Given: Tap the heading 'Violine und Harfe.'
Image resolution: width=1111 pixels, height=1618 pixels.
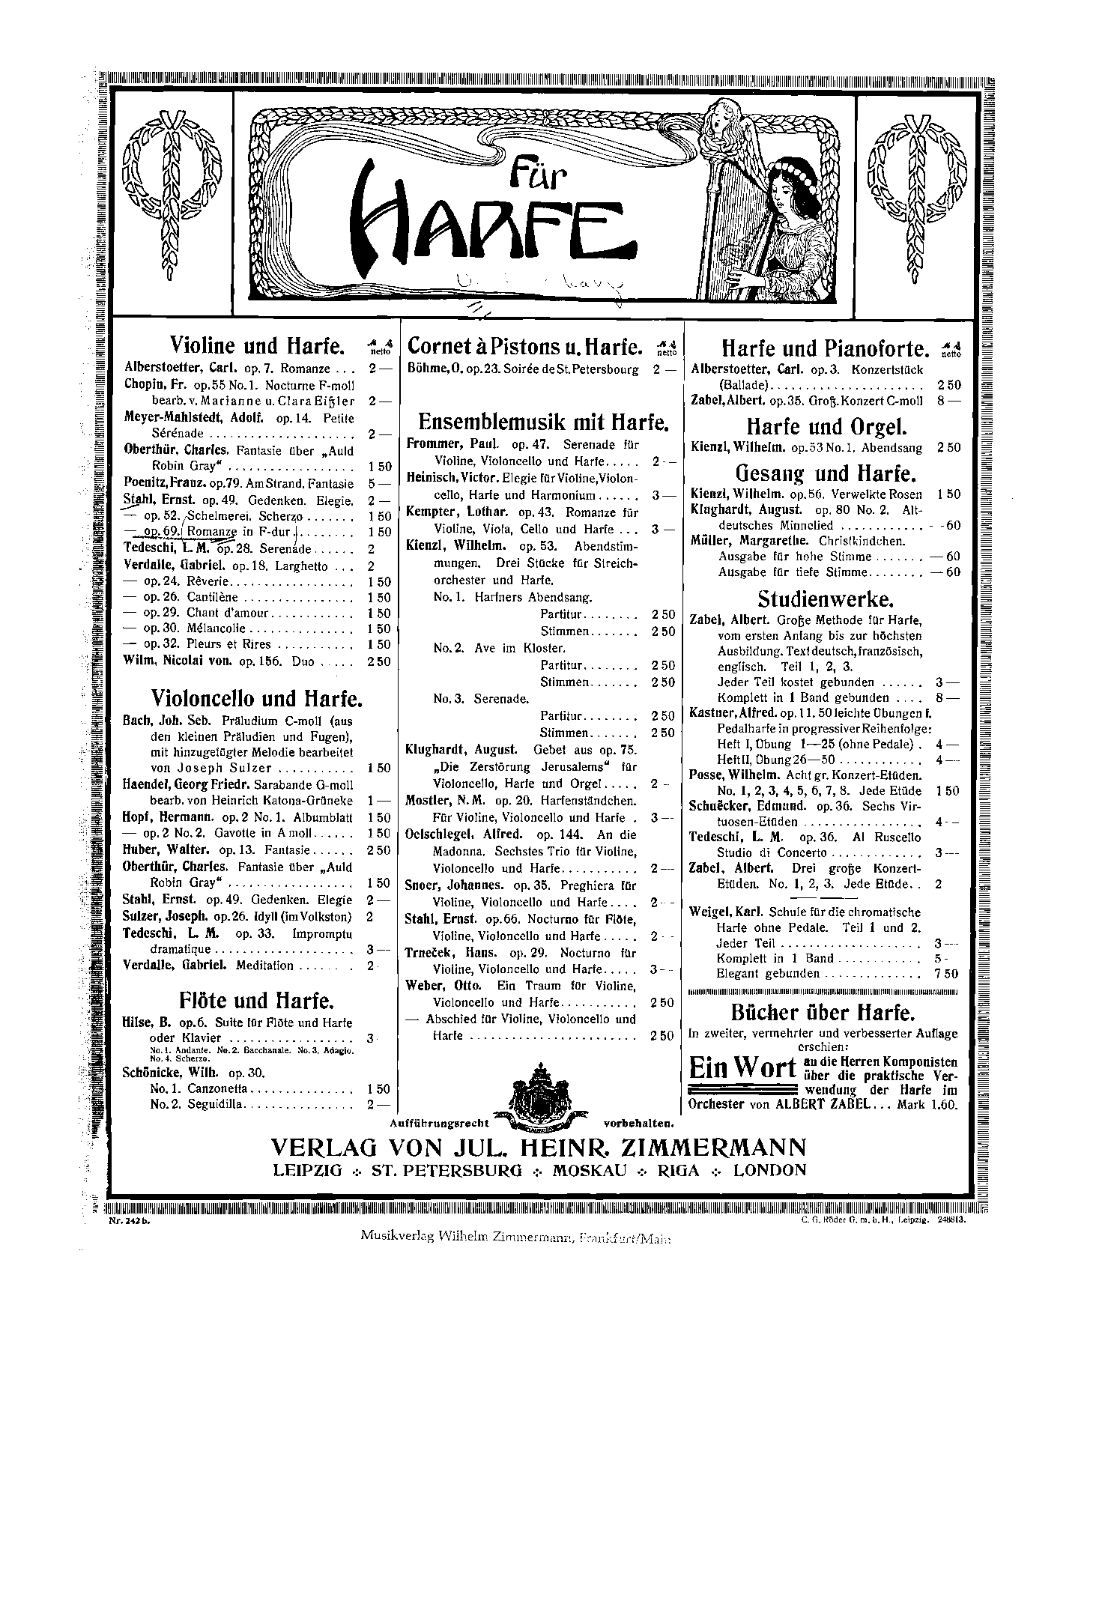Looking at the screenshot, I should pyautogui.click(x=257, y=346).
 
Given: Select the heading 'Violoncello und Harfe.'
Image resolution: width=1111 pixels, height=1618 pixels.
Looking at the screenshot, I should pyautogui.click(x=257, y=699).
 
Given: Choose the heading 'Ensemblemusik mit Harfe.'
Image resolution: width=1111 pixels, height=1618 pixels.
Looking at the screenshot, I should pyautogui.click(x=537, y=422).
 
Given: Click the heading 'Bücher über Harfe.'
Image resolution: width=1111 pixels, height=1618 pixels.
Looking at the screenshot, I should pyautogui.click(x=823, y=1013).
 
